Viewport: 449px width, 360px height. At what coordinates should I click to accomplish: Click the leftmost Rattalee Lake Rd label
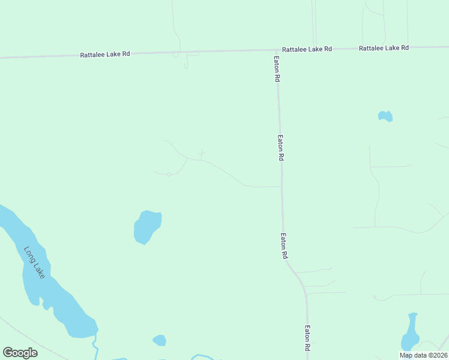point(105,54)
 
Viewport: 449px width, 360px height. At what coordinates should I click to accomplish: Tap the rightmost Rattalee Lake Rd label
point(384,47)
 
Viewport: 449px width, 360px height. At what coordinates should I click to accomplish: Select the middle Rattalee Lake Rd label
point(307,49)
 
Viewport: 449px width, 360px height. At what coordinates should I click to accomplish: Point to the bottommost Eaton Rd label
point(307,338)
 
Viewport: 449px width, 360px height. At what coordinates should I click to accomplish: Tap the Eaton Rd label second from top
point(280,147)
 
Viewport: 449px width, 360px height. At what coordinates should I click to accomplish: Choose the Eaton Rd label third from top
point(283,245)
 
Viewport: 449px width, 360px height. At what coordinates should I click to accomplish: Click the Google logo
point(20,352)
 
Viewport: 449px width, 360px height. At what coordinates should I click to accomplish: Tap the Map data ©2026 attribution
point(423,355)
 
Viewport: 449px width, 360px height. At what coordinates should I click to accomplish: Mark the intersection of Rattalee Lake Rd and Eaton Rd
point(277,50)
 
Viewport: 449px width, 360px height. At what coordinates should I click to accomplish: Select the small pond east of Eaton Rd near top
point(385,116)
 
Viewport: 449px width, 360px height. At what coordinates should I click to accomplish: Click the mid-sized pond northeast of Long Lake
point(146,227)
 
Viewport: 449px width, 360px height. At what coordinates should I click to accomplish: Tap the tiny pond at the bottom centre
point(159,340)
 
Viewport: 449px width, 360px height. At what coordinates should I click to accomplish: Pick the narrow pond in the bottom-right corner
point(410,333)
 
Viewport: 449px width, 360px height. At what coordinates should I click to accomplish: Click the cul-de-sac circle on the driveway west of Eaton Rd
point(169,174)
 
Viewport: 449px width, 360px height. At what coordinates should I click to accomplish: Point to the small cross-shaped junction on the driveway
point(202,152)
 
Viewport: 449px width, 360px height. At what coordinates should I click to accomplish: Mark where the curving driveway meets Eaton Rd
point(281,187)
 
